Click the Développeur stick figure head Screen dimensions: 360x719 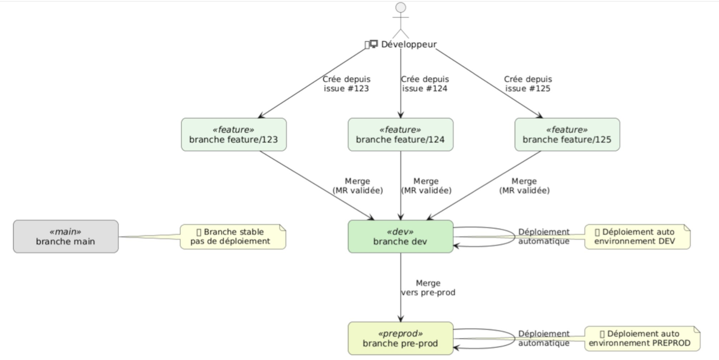click(x=401, y=8)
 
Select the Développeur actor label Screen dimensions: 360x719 click(x=408, y=44)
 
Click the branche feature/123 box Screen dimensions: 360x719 click(x=233, y=135)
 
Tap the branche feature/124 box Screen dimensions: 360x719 click(x=400, y=135)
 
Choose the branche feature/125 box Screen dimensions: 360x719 click(x=567, y=135)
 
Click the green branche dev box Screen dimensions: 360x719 click(x=400, y=236)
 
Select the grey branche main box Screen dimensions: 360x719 click(x=66, y=236)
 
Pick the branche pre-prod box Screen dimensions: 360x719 click(x=400, y=338)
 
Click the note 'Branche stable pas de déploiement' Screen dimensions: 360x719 click(x=233, y=236)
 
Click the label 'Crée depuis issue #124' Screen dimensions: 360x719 click(x=425, y=84)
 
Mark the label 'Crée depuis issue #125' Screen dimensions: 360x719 click(x=528, y=84)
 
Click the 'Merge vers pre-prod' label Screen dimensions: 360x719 click(x=428, y=287)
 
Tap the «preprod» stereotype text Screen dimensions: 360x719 click(x=400, y=333)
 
